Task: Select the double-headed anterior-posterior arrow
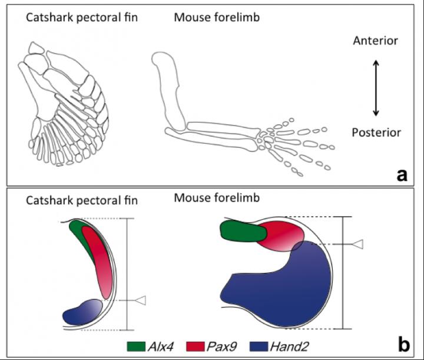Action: [x=376, y=87]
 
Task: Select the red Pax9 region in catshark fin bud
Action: [x=97, y=259]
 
